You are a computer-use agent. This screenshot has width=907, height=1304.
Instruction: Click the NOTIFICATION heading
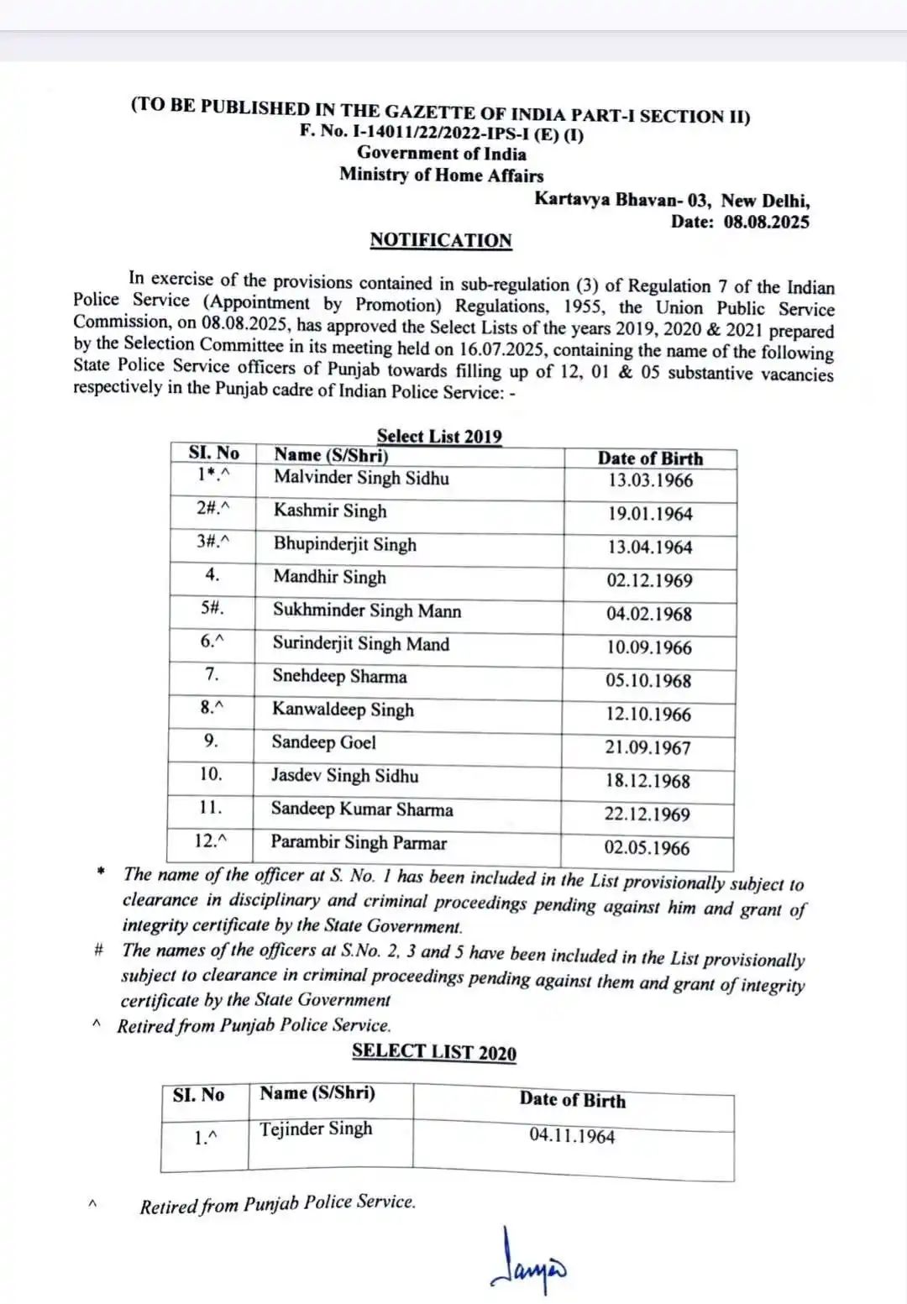coord(441,240)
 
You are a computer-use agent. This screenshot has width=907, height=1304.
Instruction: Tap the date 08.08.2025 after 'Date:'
coord(766,222)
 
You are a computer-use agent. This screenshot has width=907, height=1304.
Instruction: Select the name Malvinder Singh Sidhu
coord(361,479)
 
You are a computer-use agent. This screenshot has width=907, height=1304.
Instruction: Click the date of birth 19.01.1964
coord(650,514)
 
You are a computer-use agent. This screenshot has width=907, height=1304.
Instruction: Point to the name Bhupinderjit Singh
coord(344,544)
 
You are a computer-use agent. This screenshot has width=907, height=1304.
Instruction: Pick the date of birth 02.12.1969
coord(649,580)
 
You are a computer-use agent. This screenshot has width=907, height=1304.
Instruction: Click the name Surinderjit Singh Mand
coord(360,644)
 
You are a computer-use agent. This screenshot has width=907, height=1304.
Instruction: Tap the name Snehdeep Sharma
coord(339,677)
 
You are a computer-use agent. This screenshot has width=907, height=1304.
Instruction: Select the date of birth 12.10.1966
coord(648,715)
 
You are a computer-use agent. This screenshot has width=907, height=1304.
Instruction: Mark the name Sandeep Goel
coord(323,743)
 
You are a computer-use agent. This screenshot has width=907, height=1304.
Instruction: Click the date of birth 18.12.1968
coord(647,781)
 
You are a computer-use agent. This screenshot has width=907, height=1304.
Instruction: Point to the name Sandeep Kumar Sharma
coord(361,809)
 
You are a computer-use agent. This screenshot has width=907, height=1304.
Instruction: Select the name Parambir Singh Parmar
coord(359,843)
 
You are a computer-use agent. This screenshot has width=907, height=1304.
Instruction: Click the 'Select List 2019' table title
coord(439,436)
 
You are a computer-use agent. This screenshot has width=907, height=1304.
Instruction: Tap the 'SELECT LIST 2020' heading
coord(434,1052)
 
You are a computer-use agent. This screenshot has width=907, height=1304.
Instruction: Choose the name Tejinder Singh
coord(316,1129)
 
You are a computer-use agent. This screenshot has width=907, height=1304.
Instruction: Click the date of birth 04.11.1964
coord(572,1136)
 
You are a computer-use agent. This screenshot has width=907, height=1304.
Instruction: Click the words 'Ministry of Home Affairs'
coord(441,175)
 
